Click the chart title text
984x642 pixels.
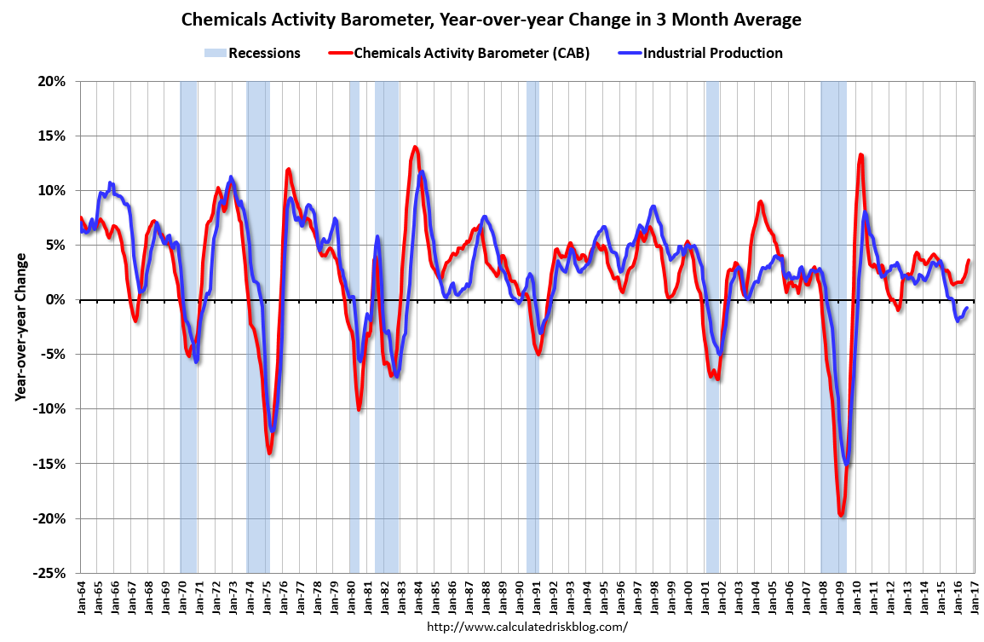492,19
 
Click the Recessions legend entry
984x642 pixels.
252,53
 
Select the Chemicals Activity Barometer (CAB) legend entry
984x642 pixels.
459,53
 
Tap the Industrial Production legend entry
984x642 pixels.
700,53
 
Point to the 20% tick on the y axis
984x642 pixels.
53,81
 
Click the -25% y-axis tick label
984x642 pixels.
51,573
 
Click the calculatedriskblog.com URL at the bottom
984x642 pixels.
527,627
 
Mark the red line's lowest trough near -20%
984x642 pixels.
841,515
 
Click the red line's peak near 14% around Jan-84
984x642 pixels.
415,147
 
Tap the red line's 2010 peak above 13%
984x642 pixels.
860,154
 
